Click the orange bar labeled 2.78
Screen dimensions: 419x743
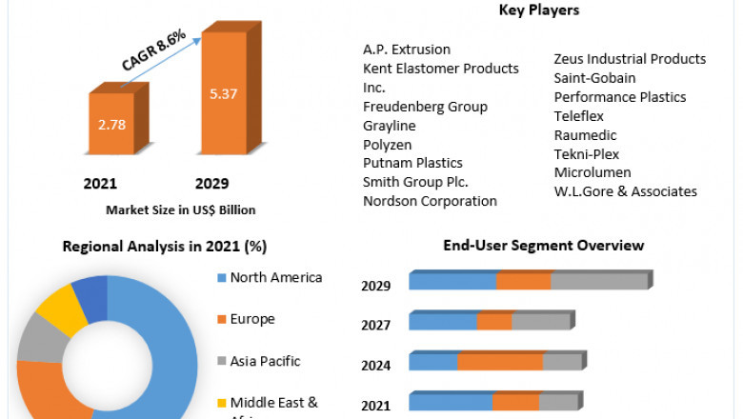pos(111,126)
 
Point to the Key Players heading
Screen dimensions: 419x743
pos(538,10)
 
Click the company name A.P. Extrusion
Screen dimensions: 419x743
pos(407,49)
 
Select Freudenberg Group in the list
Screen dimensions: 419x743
pos(425,106)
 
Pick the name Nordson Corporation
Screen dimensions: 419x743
pos(430,201)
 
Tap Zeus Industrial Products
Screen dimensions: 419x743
pos(630,59)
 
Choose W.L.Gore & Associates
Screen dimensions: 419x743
pos(625,191)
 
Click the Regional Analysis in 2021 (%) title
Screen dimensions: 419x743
pos(164,246)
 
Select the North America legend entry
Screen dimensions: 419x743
pos(274,278)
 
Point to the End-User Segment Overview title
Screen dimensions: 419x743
pos(543,246)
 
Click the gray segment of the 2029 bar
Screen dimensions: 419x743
pos(598,281)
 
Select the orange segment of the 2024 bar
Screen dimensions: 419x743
pos(499,362)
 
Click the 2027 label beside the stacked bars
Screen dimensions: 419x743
pos(375,325)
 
